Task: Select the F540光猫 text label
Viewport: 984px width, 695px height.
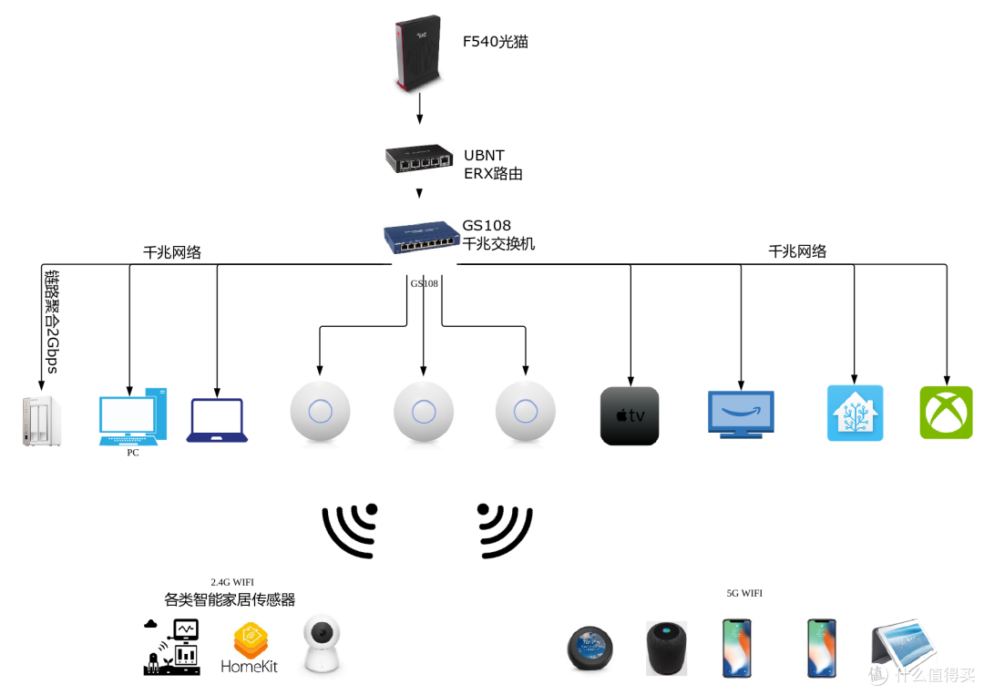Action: click(495, 42)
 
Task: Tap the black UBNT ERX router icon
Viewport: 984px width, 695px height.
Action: click(418, 159)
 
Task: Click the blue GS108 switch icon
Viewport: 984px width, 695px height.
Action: click(421, 238)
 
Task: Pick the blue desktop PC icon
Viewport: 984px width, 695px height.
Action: click(133, 416)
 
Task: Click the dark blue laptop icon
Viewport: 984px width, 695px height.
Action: click(217, 421)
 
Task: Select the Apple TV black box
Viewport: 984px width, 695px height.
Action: click(630, 416)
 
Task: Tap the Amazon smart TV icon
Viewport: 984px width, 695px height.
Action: click(741, 414)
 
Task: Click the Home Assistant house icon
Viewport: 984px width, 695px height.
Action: click(855, 413)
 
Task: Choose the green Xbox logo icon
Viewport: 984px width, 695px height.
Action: click(946, 413)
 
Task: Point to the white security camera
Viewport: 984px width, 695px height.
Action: click(322, 645)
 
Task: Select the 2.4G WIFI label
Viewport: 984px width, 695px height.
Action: click(232, 582)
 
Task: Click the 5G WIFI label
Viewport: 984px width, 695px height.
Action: click(744, 593)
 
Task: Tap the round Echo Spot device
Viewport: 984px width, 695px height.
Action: click(589, 649)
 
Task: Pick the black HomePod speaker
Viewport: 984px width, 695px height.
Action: click(666, 649)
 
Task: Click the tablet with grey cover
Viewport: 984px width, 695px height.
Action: click(905, 648)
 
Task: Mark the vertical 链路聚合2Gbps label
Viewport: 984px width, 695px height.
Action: click(51, 321)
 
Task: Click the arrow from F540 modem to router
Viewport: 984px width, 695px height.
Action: click(419, 107)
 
